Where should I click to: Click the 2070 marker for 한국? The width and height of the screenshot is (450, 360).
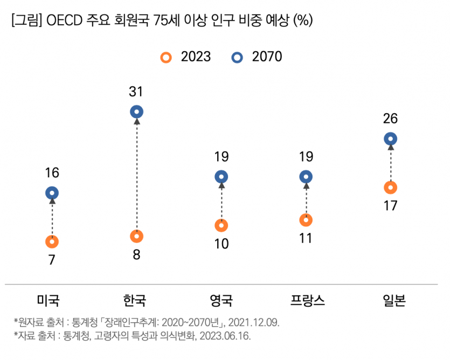tap(137, 112)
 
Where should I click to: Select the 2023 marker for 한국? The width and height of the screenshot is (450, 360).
tap(137, 236)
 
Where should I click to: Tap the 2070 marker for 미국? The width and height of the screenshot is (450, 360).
tap(52, 193)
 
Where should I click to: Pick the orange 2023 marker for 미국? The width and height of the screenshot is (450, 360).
tap(52, 241)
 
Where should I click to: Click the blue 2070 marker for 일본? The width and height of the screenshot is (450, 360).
tap(391, 139)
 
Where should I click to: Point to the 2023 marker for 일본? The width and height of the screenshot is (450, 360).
tap(391, 188)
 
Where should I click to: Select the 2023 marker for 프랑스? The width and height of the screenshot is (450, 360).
tap(306, 220)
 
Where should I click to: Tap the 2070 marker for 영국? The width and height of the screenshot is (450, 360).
tap(221, 177)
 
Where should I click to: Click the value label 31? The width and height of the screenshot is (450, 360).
tap(136, 92)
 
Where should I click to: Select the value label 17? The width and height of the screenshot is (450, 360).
tap(391, 206)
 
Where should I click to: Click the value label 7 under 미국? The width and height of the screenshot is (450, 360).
tap(52, 260)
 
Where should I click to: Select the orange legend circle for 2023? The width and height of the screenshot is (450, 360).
tap(167, 57)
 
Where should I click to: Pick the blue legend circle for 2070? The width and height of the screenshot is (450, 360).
tap(237, 57)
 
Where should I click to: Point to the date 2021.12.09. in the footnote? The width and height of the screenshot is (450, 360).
tap(253, 322)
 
